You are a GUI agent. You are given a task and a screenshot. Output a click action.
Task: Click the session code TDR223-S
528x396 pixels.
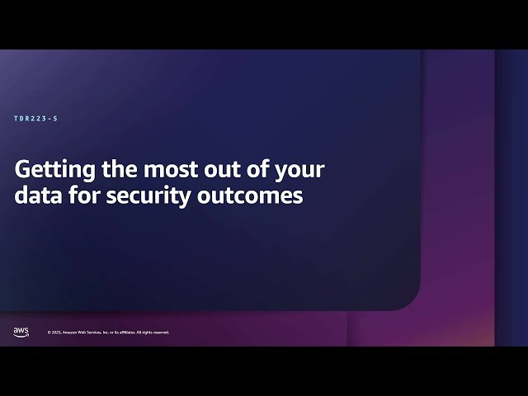coord(35,119)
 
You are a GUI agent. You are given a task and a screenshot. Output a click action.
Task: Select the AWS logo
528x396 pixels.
coord(21,331)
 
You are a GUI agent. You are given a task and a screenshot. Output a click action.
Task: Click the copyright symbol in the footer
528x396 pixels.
coord(49,332)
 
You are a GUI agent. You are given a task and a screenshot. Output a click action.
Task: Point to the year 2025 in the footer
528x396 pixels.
coord(56,332)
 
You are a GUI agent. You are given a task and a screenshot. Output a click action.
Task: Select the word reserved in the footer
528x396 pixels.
coord(160,332)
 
